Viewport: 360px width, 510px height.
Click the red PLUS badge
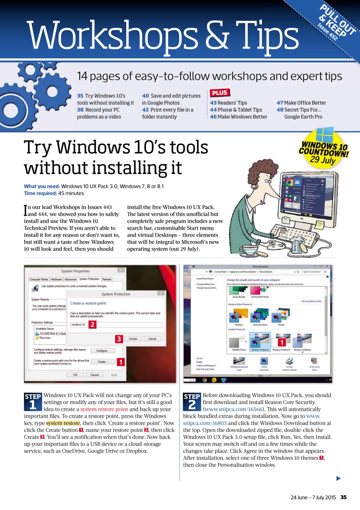pos(219,93)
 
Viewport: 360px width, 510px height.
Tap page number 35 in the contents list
pos(80,96)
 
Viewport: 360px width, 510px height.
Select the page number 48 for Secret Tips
pos(280,110)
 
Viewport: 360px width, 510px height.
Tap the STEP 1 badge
pos(33,402)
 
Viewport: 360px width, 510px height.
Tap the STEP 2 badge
pos(192,402)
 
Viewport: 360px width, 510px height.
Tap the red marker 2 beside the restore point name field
pos(92,324)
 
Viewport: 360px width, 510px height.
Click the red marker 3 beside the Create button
pos(119,339)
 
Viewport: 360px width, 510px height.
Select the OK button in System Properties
pos(75,375)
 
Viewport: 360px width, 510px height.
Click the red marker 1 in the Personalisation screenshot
pos(281,342)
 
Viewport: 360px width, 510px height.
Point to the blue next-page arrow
pos(338,479)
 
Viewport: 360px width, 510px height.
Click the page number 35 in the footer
pos(344,497)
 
